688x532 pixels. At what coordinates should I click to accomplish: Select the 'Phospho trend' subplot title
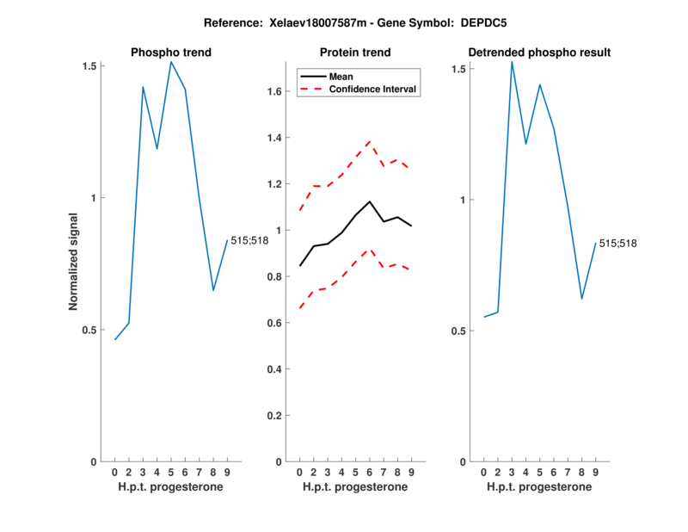170,53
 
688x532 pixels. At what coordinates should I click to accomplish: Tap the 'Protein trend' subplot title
355,53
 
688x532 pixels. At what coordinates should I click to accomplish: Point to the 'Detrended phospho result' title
539,53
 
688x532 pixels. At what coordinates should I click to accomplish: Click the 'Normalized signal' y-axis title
74,263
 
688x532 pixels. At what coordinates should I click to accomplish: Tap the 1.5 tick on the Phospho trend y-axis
89,65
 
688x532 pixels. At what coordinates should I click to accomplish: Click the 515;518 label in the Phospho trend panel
249,240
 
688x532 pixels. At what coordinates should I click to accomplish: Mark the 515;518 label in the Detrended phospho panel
617,244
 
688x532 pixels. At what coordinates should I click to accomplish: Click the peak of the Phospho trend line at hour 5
171,61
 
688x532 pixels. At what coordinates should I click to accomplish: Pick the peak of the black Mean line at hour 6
369,201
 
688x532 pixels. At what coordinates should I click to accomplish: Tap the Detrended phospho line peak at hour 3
512,61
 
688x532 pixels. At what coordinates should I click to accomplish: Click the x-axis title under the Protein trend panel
355,487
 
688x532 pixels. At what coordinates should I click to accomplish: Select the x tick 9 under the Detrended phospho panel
595,473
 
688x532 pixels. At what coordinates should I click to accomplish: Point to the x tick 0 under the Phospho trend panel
115,473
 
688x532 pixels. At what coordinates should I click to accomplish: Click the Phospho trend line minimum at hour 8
213,290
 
